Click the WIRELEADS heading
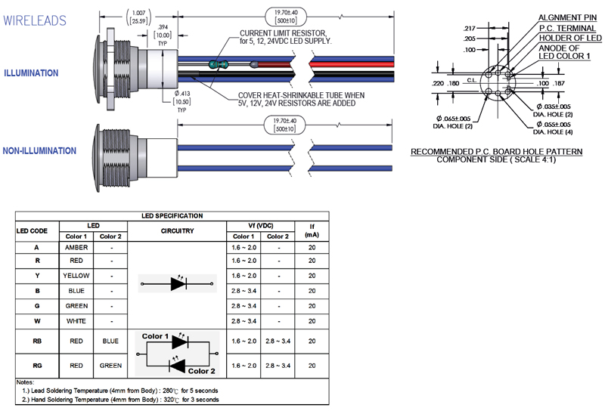pos(35,20)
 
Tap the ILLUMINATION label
pos(31,73)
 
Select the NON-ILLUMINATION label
pos(39,151)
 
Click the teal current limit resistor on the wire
pos(218,64)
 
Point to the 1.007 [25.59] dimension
pos(139,17)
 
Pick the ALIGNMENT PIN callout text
pos(567,17)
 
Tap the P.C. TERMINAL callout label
pos(567,28)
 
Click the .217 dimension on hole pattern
pos(469,28)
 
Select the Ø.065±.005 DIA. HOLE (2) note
pos(453,122)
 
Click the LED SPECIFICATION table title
pos(172,216)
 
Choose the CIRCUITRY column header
pos(177,231)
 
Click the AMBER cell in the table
pos(76,248)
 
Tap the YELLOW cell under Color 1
pos(76,276)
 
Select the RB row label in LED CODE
pos(37,341)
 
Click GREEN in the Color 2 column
pos(110,366)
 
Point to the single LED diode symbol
pos(178,284)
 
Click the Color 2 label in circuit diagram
pos(201,371)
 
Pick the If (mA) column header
pos(312,230)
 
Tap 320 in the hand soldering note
pos(169,400)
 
